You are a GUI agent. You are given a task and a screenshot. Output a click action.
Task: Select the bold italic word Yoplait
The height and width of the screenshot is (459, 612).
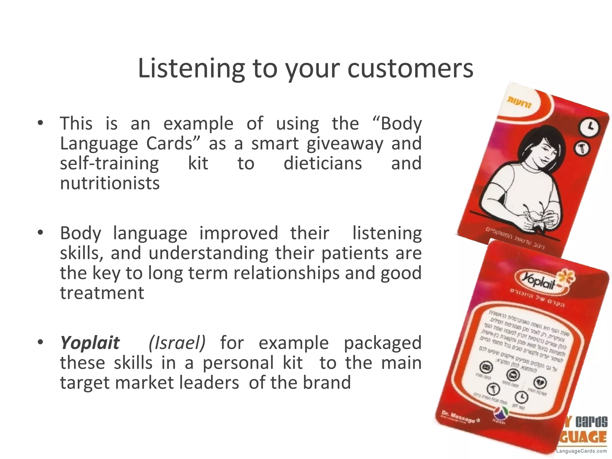click(x=90, y=343)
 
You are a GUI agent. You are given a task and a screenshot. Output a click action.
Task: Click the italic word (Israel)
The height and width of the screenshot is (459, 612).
click(x=177, y=343)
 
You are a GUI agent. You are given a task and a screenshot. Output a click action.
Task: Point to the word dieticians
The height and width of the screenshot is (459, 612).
click(x=323, y=163)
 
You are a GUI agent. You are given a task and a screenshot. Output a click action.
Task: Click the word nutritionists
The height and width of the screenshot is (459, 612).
click(x=110, y=183)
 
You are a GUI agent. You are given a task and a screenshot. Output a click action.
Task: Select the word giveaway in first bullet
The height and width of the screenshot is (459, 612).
click(x=345, y=143)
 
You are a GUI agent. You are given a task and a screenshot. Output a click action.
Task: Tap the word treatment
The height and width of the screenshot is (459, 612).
click(x=102, y=293)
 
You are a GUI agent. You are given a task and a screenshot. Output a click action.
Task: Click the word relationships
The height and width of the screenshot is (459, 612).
click(x=286, y=273)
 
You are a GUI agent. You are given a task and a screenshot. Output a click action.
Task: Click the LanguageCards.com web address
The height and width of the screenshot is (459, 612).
click(x=581, y=451)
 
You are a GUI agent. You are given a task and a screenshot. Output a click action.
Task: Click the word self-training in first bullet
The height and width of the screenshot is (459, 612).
click(x=109, y=163)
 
